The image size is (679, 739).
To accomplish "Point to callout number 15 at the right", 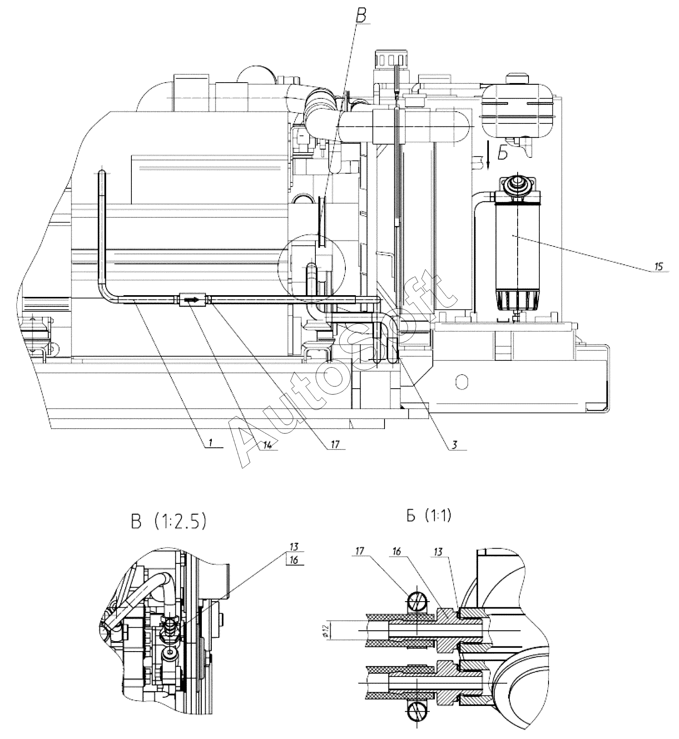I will [x=659, y=266].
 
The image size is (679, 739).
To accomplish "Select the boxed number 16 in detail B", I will [x=294, y=560].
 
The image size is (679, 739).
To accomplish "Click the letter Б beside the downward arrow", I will [x=503, y=153].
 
